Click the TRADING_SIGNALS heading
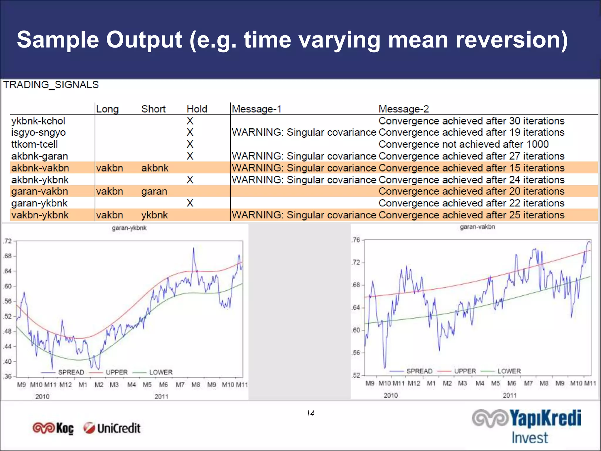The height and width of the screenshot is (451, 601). coord(51,85)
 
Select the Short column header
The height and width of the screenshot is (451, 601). coord(153,109)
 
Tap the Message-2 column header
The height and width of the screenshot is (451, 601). coord(404,109)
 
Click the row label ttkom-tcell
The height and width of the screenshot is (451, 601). coord(34,144)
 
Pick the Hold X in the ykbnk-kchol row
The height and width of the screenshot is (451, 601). coord(190,121)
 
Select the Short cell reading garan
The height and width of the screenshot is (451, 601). coord(154,191)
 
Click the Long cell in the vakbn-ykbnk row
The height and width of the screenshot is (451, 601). coord(109,215)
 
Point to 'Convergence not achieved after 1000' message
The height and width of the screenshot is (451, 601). coord(463,144)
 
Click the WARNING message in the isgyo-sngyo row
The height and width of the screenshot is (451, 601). coord(304,132)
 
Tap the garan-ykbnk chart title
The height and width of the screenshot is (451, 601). coord(129,228)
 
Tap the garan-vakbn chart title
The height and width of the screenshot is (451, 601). coord(477,227)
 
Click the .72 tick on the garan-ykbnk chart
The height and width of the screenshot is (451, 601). coord(8,241)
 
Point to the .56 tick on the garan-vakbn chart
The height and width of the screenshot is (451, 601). coord(356,353)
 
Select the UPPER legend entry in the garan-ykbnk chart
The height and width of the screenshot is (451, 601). coord(117,372)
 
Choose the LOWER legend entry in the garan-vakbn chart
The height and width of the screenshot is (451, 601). coord(509,371)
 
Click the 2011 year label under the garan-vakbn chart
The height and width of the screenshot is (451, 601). coord(510,395)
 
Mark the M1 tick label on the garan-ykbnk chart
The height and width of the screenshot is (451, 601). coord(83,385)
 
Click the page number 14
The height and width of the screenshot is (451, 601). coord(310,413)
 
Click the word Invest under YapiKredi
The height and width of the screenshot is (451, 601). coord(530,438)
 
